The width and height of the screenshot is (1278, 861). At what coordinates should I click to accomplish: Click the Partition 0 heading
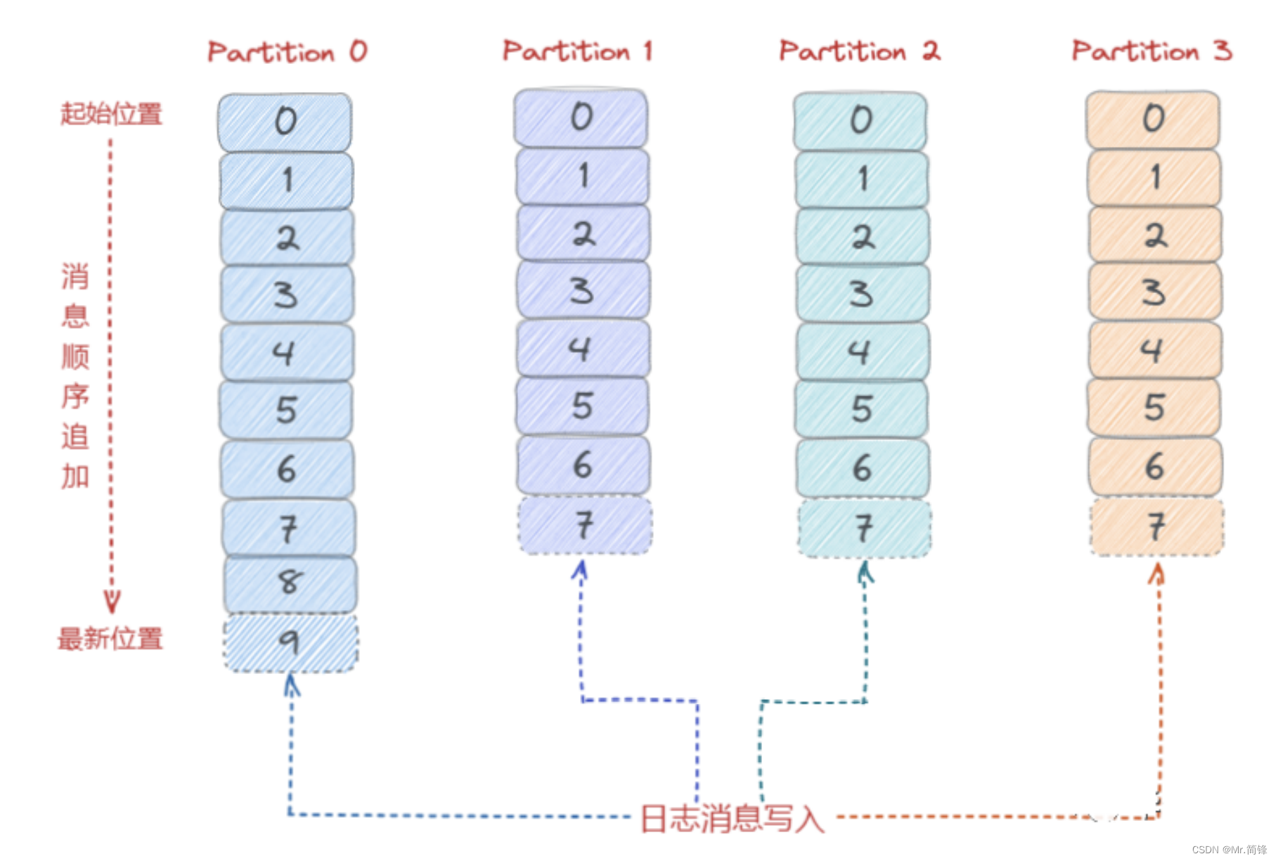(287, 52)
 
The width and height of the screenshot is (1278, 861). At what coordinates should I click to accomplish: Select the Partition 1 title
(577, 51)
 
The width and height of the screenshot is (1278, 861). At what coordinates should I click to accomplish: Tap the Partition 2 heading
(859, 51)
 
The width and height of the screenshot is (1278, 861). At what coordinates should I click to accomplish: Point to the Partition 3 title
(1151, 51)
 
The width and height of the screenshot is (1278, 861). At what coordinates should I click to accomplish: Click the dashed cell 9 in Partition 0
(290, 642)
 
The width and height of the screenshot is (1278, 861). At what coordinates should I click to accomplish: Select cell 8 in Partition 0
(290, 583)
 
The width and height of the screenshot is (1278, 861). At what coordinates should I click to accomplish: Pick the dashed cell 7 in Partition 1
(584, 525)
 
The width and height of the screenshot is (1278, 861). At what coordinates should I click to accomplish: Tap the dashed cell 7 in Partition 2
(864, 528)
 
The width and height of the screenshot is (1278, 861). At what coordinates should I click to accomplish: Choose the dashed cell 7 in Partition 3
(1156, 526)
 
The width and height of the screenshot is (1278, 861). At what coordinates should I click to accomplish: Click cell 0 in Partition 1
(581, 117)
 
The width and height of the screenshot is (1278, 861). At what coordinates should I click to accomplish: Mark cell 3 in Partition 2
(863, 293)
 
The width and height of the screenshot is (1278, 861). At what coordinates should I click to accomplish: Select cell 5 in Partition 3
(1154, 408)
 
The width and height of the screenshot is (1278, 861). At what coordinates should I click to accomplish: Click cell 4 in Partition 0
(286, 351)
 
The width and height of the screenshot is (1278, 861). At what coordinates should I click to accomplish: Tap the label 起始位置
(111, 113)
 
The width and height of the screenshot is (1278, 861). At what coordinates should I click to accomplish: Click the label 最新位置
(110, 639)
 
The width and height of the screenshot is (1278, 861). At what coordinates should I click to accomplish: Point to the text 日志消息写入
(732, 818)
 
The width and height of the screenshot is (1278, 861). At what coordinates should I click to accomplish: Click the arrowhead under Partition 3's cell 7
(1156, 574)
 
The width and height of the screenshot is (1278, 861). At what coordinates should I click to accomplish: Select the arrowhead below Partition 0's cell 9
(292, 684)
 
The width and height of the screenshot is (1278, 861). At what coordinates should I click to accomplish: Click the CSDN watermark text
(1229, 850)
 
